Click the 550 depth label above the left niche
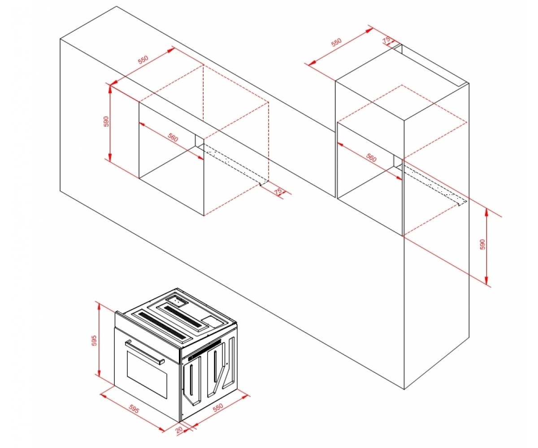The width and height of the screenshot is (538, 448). point(143,60)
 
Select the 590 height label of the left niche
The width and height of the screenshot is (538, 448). point(106,121)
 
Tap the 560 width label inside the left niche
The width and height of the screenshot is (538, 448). point(172,137)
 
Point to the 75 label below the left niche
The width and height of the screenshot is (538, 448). point(278,191)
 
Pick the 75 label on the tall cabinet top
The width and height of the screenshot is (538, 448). point(386,40)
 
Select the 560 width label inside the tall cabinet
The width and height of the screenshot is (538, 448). point(371,157)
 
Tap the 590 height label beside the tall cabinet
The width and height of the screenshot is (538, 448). point(482,244)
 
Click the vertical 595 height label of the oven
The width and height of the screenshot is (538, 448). point(94,340)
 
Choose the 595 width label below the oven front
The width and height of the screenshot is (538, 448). point(134,409)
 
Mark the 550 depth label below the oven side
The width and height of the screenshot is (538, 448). point(218,406)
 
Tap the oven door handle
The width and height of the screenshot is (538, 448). point(144,352)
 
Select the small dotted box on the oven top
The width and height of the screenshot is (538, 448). point(177,301)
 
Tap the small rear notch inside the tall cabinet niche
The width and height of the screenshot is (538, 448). point(398,161)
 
